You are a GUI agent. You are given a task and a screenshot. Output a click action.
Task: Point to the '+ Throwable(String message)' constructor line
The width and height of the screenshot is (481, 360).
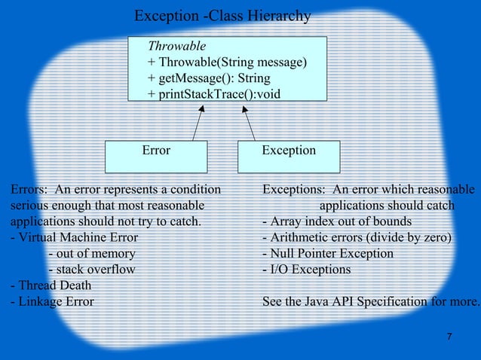pos(227,63)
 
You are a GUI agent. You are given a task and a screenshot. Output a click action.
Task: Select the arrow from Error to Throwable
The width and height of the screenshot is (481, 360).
pos(198,122)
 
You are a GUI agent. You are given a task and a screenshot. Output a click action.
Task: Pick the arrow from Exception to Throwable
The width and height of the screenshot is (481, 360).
pos(249,122)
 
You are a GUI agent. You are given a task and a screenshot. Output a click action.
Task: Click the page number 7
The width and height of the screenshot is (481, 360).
pos(449,336)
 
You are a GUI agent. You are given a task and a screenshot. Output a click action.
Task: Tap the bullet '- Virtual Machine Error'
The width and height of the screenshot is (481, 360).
pos(75,237)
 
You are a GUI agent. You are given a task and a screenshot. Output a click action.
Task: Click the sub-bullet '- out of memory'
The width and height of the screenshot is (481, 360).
pos(92,254)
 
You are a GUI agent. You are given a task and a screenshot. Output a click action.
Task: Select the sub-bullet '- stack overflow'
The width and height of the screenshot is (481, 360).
pos(92,270)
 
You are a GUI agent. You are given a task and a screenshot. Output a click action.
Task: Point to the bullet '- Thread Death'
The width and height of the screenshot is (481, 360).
pos(51,285)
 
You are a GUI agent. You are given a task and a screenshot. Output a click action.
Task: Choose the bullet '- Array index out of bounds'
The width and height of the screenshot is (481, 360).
pos(336,221)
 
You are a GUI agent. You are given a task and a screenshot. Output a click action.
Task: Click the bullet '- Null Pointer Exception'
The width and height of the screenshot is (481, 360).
pos(327,254)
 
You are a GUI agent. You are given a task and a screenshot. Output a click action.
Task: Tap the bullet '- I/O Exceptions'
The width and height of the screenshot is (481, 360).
pos(306,270)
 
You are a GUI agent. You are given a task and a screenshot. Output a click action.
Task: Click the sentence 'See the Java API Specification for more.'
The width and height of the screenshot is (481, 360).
pos(370,302)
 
